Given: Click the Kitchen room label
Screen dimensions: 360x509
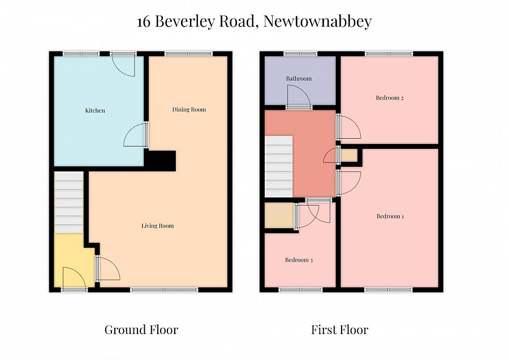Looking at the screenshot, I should pos(95,110).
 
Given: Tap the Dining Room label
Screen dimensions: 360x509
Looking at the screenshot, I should pos(189,109).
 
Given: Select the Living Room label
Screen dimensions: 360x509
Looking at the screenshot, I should pos(157,226).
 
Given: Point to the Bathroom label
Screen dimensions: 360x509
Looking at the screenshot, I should pos(299,79).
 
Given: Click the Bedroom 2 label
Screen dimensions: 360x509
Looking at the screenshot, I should pos(390,98).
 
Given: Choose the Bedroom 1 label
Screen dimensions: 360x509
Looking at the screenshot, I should pos(390,216).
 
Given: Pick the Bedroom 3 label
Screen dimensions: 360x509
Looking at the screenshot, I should pos(299,260).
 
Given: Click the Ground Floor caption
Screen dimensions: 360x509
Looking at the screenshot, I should pos(141,329).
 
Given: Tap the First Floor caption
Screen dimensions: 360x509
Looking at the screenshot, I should pos(339,329).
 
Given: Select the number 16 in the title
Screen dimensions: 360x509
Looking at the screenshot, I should pos(144,22).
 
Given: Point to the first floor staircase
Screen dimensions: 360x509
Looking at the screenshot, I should pos(279,166).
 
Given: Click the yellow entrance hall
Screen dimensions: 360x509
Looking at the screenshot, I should pos(73,263).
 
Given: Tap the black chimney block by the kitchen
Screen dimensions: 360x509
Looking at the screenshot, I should pos(161,160).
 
